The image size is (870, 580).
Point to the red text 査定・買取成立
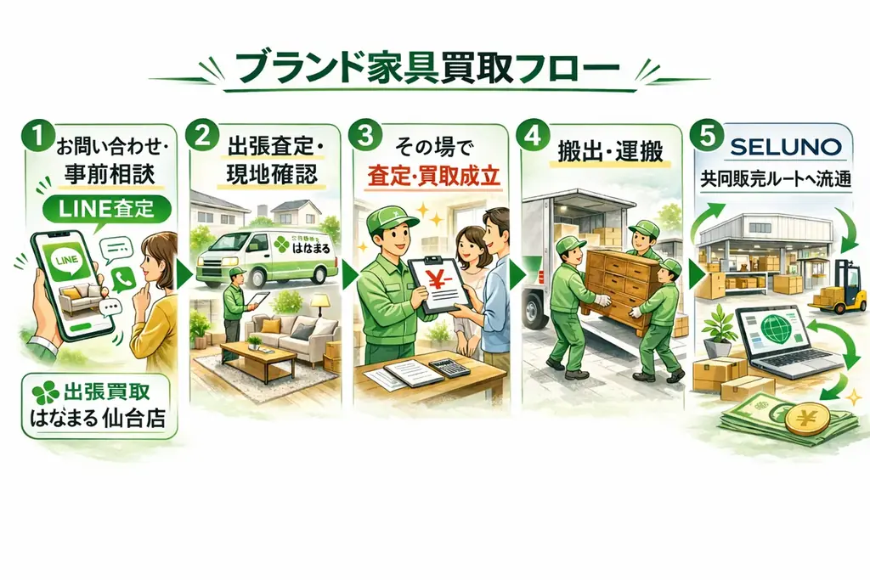pyautogui.click(x=433, y=180)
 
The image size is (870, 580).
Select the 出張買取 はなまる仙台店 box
pyautogui.click(x=95, y=406)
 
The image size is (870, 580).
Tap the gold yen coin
pyautogui.click(x=807, y=419)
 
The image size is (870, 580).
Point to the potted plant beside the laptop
pyautogui.click(x=720, y=329)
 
